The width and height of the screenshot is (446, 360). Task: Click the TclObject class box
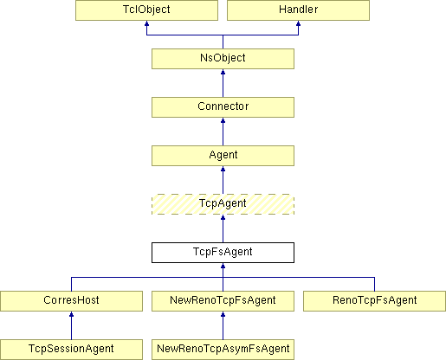tap(146, 10)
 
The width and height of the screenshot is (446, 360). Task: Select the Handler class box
tap(298, 10)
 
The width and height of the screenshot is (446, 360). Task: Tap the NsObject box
tap(223, 59)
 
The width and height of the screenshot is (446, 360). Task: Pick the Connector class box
tap(223, 107)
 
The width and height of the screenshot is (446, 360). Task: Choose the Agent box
tap(223, 156)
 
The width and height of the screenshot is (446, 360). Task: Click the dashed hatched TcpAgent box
tap(223, 204)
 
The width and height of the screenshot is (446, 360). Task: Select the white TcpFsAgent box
tap(223, 253)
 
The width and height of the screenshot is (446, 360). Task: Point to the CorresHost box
tap(71, 301)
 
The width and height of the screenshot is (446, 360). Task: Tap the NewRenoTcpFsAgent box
tap(223, 301)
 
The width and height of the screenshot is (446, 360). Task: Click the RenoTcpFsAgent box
tap(374, 301)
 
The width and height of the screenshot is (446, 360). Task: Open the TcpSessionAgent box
tap(71, 350)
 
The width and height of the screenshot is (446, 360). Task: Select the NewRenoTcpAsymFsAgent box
tap(223, 350)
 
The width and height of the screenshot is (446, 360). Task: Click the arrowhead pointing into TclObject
tap(146, 23)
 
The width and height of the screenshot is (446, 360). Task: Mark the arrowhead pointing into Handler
tap(298, 23)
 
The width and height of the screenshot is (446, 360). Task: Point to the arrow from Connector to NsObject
tap(223, 83)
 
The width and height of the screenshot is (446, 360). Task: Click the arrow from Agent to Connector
tap(223, 132)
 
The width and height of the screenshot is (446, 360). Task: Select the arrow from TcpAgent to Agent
tap(223, 180)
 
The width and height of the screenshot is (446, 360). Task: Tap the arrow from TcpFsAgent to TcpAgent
tap(223, 228)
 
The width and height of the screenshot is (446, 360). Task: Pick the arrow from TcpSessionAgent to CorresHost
tap(71, 325)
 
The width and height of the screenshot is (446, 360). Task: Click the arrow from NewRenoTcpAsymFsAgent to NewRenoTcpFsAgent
tap(223, 325)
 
